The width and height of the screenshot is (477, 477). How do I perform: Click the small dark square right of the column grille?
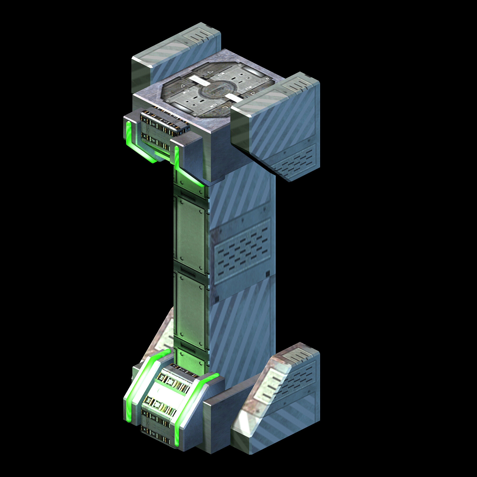(268, 273)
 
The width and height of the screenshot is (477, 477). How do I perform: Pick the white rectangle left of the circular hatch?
(197, 79)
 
